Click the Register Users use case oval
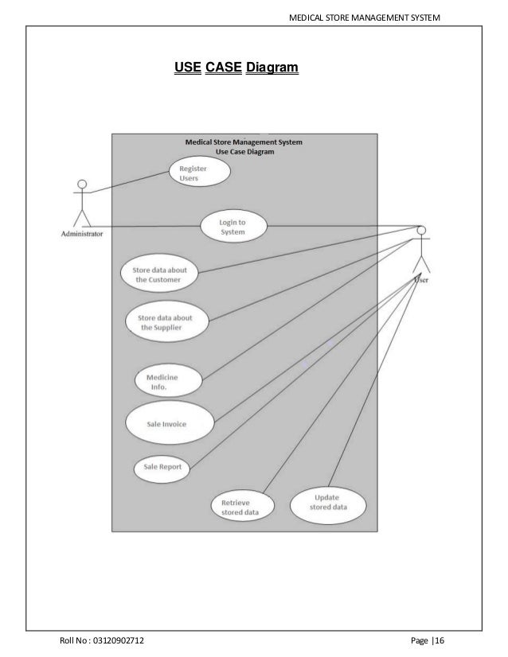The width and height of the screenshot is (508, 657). click(199, 173)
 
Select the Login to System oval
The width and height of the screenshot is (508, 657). click(233, 227)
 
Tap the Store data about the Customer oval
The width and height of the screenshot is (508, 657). click(158, 274)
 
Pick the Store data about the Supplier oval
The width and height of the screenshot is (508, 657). click(167, 322)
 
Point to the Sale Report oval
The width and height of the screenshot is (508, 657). click(162, 468)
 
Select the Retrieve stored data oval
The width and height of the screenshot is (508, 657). click(241, 507)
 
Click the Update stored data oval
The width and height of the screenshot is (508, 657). click(327, 503)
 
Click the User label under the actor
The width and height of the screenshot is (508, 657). click(422, 279)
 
